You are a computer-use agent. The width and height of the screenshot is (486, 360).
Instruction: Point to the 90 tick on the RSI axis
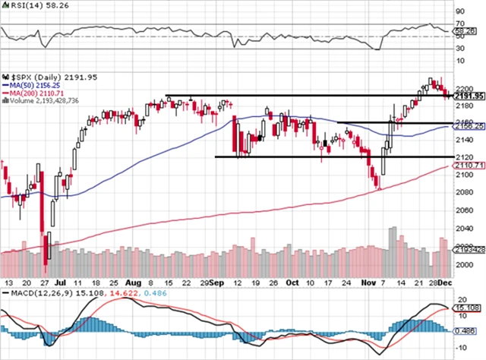coord(460,11)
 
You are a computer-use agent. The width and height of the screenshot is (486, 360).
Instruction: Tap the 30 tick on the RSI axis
coord(460,49)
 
